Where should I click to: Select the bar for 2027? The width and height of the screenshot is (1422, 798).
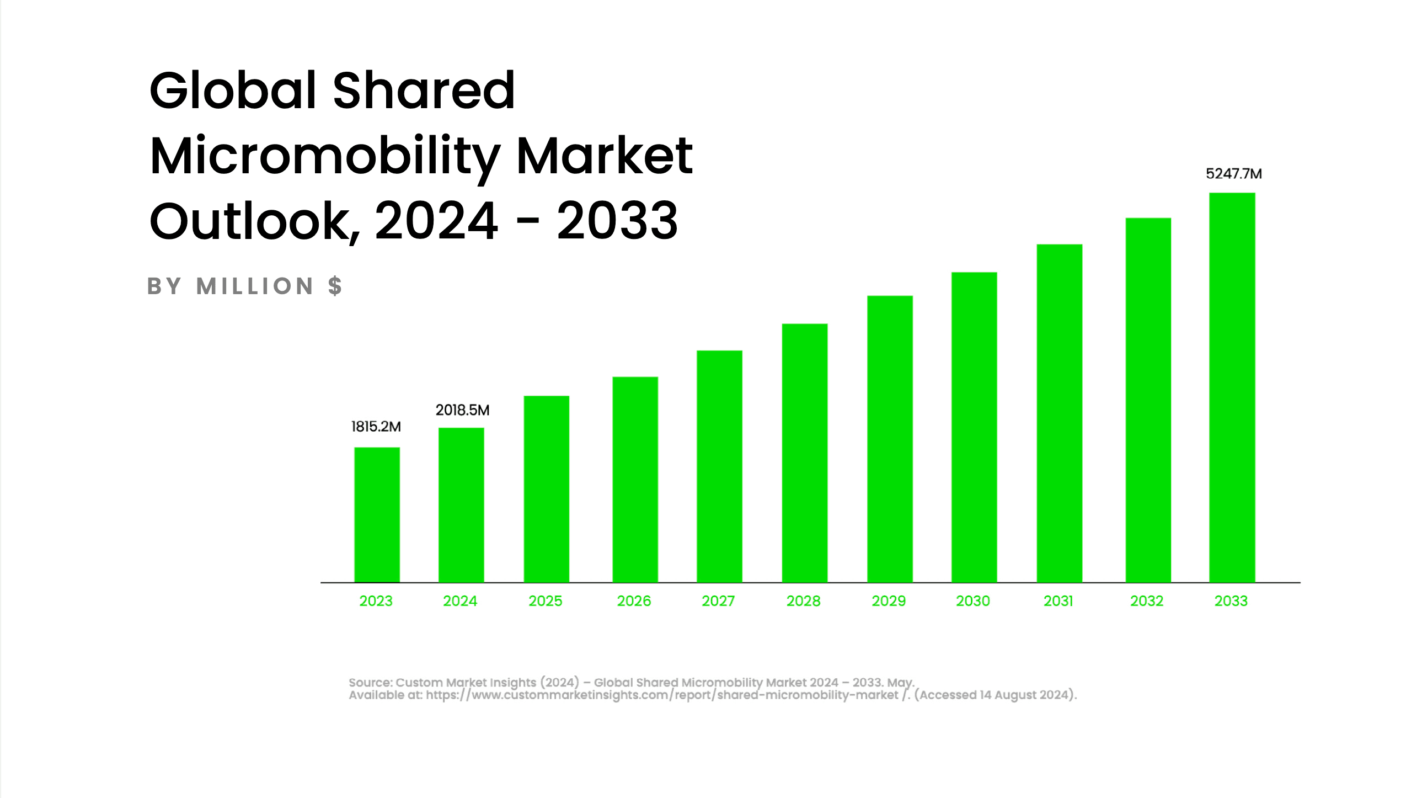click(719, 466)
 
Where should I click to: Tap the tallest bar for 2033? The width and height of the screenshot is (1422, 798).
click(1232, 387)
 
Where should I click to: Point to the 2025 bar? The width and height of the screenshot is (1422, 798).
click(547, 489)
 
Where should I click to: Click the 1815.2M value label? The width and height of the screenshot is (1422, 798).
click(376, 427)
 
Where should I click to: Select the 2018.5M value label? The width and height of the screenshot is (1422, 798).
click(463, 411)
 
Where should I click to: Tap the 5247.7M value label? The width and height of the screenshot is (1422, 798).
click(1234, 174)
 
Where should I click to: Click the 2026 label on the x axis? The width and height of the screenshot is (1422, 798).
click(634, 601)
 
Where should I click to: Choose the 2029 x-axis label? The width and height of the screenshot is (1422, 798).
click(888, 601)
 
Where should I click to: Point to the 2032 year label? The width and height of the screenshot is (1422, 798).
click(1147, 601)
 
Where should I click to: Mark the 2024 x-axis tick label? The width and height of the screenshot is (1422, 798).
click(460, 601)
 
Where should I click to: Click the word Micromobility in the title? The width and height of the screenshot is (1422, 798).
click(324, 156)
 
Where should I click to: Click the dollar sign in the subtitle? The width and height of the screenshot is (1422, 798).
click(334, 286)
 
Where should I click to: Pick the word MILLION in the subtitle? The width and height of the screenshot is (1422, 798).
click(255, 286)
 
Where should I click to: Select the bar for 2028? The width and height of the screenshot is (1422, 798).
click(804, 453)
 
